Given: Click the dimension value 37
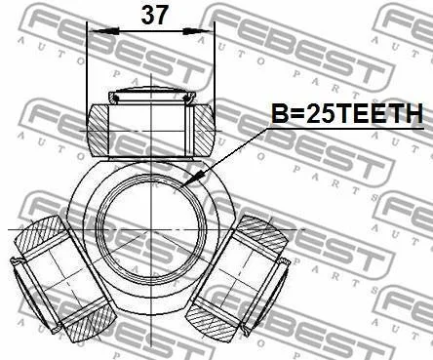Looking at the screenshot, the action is (x=154, y=16).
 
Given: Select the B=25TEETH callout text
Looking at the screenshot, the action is (x=347, y=113).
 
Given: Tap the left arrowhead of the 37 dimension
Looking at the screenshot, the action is (x=103, y=31).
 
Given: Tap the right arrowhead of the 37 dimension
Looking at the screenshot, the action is (x=198, y=31).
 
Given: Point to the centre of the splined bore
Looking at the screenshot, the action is (x=152, y=229).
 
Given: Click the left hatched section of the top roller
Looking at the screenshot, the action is (x=98, y=130).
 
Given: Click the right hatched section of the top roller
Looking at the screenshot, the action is (x=205, y=130).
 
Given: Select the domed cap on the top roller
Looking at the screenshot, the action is (x=151, y=94).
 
